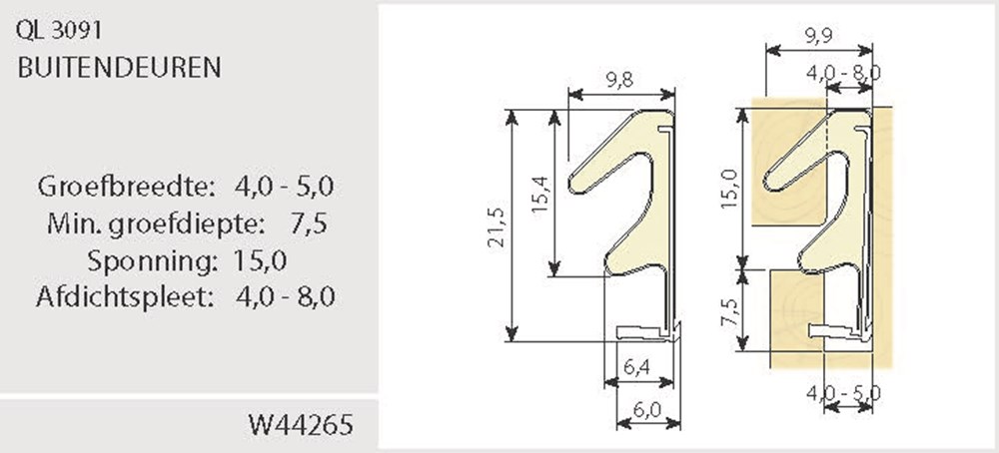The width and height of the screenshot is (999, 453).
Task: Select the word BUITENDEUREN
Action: pos(118,68)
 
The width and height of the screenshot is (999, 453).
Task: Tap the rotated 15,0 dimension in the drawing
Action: pos(728,187)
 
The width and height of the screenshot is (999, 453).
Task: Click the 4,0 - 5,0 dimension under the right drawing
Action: pos(843,393)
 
